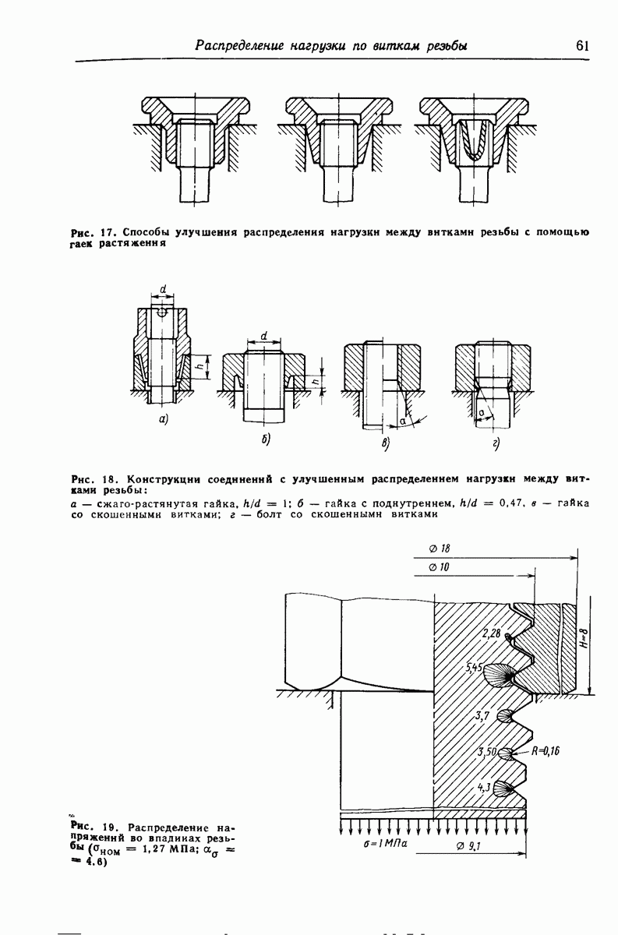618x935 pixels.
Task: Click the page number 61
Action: tap(582, 45)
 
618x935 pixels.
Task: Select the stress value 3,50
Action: tap(486, 753)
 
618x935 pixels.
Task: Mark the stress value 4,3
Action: tap(483, 787)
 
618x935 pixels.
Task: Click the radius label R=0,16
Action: tap(546, 752)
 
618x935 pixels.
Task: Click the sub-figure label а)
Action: tap(164, 419)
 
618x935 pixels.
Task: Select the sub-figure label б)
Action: tap(265, 441)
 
